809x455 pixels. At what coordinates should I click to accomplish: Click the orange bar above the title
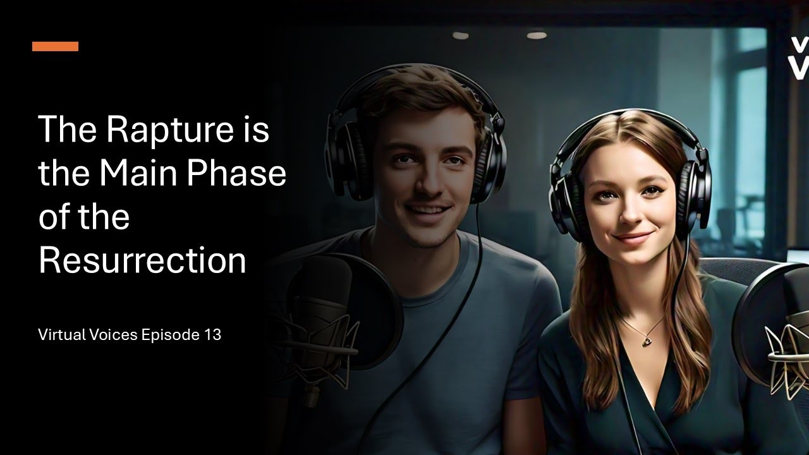(x=55, y=46)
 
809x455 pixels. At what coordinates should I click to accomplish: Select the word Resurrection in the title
(x=142, y=260)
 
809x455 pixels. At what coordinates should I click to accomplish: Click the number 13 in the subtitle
(x=212, y=335)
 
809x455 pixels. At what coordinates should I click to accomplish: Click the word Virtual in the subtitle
(x=61, y=335)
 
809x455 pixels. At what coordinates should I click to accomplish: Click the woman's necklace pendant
(x=647, y=341)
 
